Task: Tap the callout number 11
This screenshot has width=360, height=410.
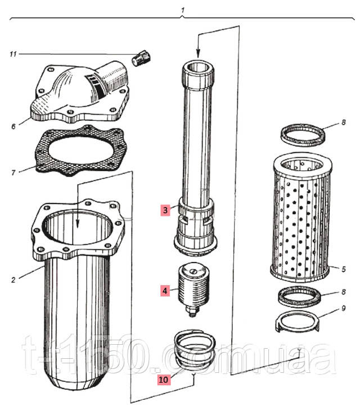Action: (x=13, y=54)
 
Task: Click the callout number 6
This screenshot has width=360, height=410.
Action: (x=13, y=126)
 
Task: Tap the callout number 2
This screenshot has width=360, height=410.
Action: (x=13, y=277)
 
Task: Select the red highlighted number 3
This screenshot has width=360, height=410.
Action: (x=165, y=210)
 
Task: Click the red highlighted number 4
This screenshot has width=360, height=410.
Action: (x=165, y=291)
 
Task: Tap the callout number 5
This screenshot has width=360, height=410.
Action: (x=343, y=269)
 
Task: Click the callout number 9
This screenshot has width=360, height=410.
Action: (x=343, y=308)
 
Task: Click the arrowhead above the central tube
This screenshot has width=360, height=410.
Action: (x=198, y=51)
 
